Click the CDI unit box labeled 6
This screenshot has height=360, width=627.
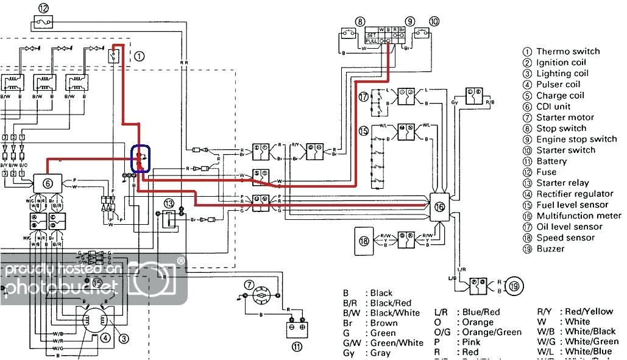pyautogui.click(x=48, y=182)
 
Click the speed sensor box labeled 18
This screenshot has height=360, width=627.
pyautogui.click(x=364, y=241)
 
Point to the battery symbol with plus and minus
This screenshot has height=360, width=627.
pyautogui.click(x=296, y=328)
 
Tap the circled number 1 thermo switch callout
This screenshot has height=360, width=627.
pyautogui.click(x=140, y=57)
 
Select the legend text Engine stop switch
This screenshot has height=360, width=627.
pyautogui.click(x=576, y=139)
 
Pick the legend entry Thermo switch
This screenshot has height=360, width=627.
pyautogui.click(x=567, y=52)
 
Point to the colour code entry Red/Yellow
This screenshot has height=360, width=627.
pyautogui.click(x=589, y=312)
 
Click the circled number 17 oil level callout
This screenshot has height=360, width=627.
pyautogui.click(x=364, y=96)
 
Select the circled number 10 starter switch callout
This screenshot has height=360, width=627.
pyautogui.click(x=433, y=21)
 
